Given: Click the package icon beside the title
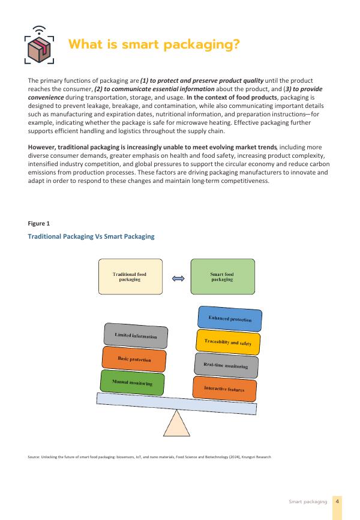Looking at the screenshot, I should pos(39,46).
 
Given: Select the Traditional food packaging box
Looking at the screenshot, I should pos(130,276).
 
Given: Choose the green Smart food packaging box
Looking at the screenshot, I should pos(222,276).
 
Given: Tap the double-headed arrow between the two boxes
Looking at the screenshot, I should pos(176,278).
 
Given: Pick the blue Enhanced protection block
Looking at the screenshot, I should pos(230,319).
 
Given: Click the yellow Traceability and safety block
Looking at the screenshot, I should pos(228,342).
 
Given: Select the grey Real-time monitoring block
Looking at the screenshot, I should pos(226,365).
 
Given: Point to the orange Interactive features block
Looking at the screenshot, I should pos(224,389).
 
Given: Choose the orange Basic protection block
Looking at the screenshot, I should pos(134,359).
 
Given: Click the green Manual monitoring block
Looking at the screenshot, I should pos(133,383).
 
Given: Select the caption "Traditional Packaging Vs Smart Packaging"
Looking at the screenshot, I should pos(91,236).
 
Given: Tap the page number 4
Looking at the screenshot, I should pos(338,501).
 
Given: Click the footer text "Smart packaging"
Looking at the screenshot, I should pos(308,501).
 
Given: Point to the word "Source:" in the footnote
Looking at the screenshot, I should pos(34,457).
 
